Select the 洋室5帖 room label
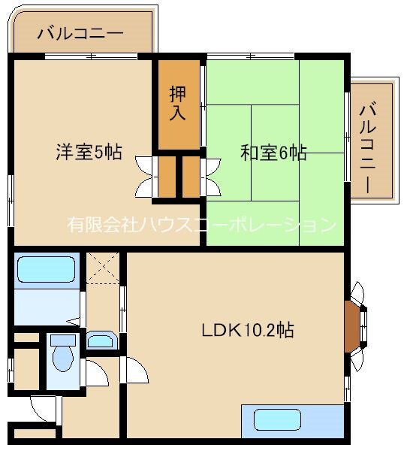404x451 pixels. [88, 151]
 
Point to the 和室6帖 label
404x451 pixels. [273, 152]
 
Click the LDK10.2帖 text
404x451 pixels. [246, 328]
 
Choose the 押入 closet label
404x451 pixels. [178, 103]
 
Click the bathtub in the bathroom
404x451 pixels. [46, 269]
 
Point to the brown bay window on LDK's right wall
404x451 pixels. [354, 325]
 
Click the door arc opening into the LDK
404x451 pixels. [136, 368]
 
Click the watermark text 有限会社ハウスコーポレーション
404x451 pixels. [200, 224]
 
